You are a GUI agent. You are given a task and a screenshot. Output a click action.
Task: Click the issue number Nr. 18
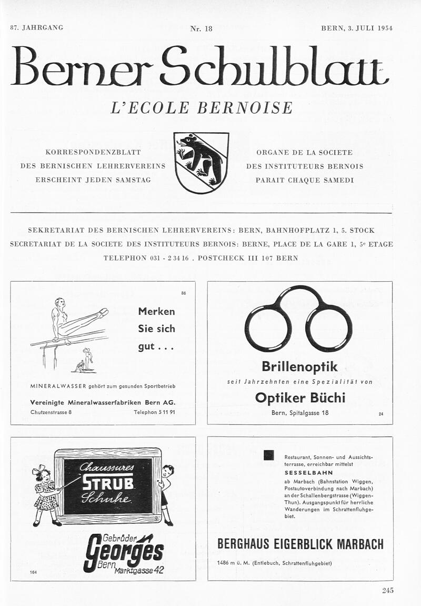click(201, 28)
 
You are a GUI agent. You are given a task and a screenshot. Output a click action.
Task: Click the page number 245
click(387, 590)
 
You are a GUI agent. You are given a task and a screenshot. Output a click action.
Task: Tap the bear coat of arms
click(202, 162)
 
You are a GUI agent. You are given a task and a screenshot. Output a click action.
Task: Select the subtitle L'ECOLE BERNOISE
click(202, 107)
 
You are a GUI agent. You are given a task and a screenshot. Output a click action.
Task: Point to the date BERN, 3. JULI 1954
click(357, 28)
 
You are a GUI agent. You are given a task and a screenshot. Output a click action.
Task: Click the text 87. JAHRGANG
click(37, 27)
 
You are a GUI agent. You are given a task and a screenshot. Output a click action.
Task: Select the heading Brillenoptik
click(299, 366)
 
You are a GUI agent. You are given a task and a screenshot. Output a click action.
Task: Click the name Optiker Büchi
click(300, 398)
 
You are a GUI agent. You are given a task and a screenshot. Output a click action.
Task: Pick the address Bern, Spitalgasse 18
click(300, 413)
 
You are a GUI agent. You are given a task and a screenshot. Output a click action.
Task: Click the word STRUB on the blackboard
click(108, 483)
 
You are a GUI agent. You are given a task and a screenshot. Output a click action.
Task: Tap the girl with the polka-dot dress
click(45, 495)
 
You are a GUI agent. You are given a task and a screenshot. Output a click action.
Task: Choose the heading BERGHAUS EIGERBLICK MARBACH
click(300, 544)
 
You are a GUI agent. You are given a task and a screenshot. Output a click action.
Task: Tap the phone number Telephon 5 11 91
click(154, 412)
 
